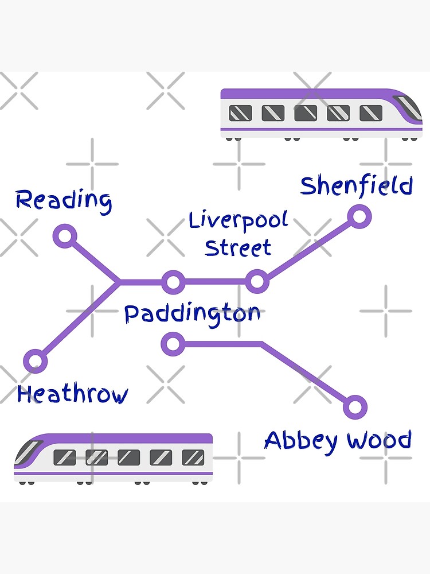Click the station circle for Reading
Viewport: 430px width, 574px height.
(65, 236)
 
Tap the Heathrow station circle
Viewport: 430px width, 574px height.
(36, 361)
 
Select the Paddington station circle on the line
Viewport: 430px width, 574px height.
(173, 282)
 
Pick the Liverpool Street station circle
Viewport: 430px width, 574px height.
(257, 281)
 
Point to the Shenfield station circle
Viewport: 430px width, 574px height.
(359, 217)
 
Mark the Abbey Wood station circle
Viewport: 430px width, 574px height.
(355, 407)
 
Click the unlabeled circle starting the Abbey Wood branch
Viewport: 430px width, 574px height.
(173, 344)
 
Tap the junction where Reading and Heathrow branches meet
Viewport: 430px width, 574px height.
(119, 282)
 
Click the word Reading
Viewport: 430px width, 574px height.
(64, 200)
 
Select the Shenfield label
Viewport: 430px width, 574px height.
(357, 186)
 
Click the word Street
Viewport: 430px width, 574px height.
(238, 248)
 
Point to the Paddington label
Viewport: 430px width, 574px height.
(193, 314)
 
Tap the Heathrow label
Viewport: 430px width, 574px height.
(72, 395)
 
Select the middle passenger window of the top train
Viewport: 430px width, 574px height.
(306, 113)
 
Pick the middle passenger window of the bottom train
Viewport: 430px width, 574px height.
(128, 457)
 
